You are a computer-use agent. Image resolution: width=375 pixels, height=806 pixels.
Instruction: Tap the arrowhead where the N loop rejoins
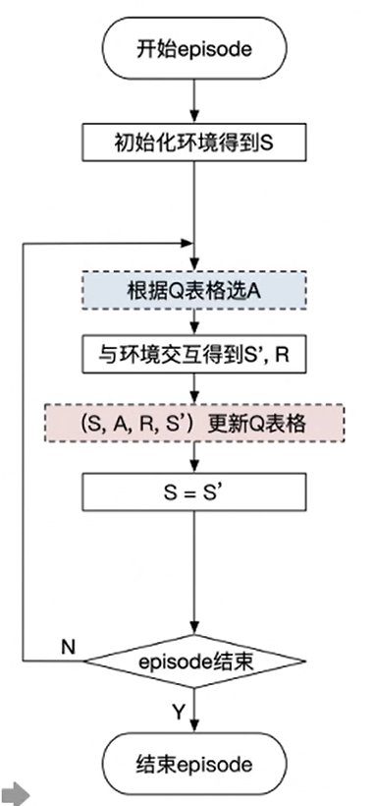tap(188, 241)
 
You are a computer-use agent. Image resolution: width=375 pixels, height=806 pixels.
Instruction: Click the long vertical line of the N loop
tap(22, 442)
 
